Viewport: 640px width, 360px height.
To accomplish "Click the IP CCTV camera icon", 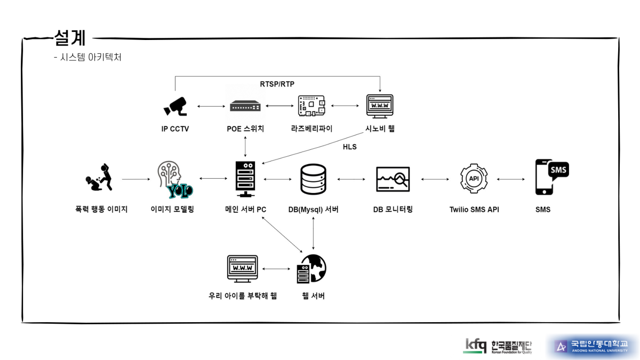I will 175,106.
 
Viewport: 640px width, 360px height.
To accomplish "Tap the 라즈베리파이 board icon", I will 311,106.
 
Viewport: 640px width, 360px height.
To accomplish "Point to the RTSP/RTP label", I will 277,84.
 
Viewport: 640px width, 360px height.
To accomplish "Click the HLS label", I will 350,147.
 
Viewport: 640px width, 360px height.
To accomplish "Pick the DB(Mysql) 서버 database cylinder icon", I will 313,179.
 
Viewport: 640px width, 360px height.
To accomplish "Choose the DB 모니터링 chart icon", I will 393,179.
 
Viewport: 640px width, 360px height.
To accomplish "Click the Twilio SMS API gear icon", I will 474,179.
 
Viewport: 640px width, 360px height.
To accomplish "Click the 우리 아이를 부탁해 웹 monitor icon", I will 242,269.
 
